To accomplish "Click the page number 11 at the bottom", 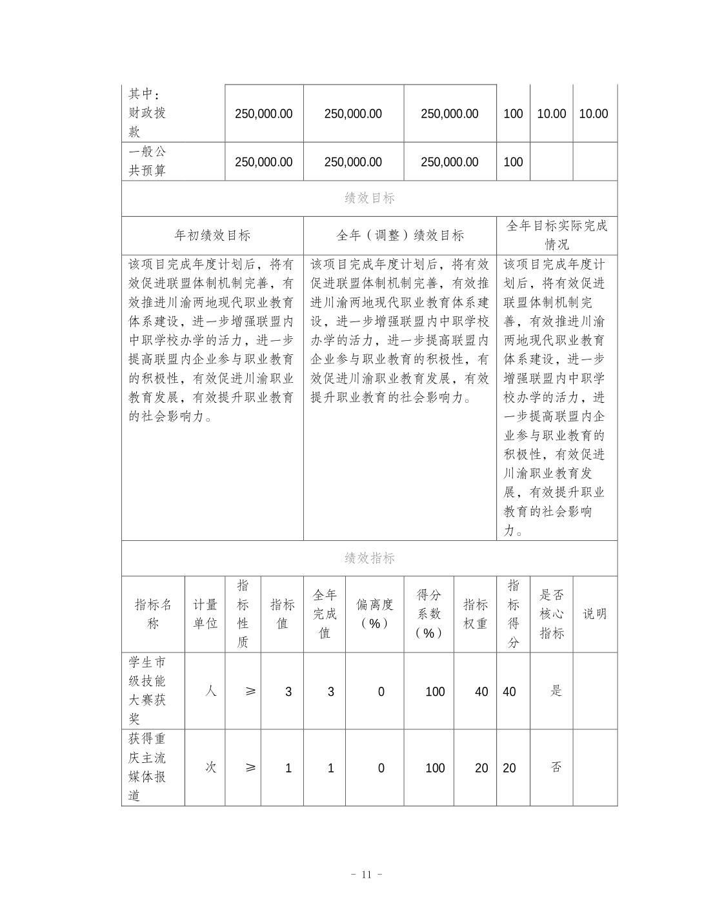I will (x=367, y=875).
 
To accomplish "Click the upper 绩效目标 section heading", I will (x=369, y=198).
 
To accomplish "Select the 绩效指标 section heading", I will (x=369, y=558).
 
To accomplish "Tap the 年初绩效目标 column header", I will (x=212, y=235).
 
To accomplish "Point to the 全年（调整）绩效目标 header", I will (x=400, y=235).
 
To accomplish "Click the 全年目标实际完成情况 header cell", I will (x=556, y=235).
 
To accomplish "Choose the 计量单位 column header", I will (x=205, y=614).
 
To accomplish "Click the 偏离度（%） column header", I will (x=374, y=614).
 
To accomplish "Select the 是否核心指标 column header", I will (x=552, y=614).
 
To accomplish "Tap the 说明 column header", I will (x=595, y=614).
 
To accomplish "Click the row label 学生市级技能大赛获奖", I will (x=148, y=691).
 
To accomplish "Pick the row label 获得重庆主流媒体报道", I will (x=148, y=767).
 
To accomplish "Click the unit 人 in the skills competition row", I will (x=210, y=691).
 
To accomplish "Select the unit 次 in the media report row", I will (x=210, y=767).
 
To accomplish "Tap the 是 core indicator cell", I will (x=556, y=691).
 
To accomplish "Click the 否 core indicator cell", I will (x=556, y=767).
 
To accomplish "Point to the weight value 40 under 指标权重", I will (x=481, y=692).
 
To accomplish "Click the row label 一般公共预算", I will (x=148, y=161).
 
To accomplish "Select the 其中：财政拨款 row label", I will (x=148, y=113).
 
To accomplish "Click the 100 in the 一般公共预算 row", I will (x=513, y=162).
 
